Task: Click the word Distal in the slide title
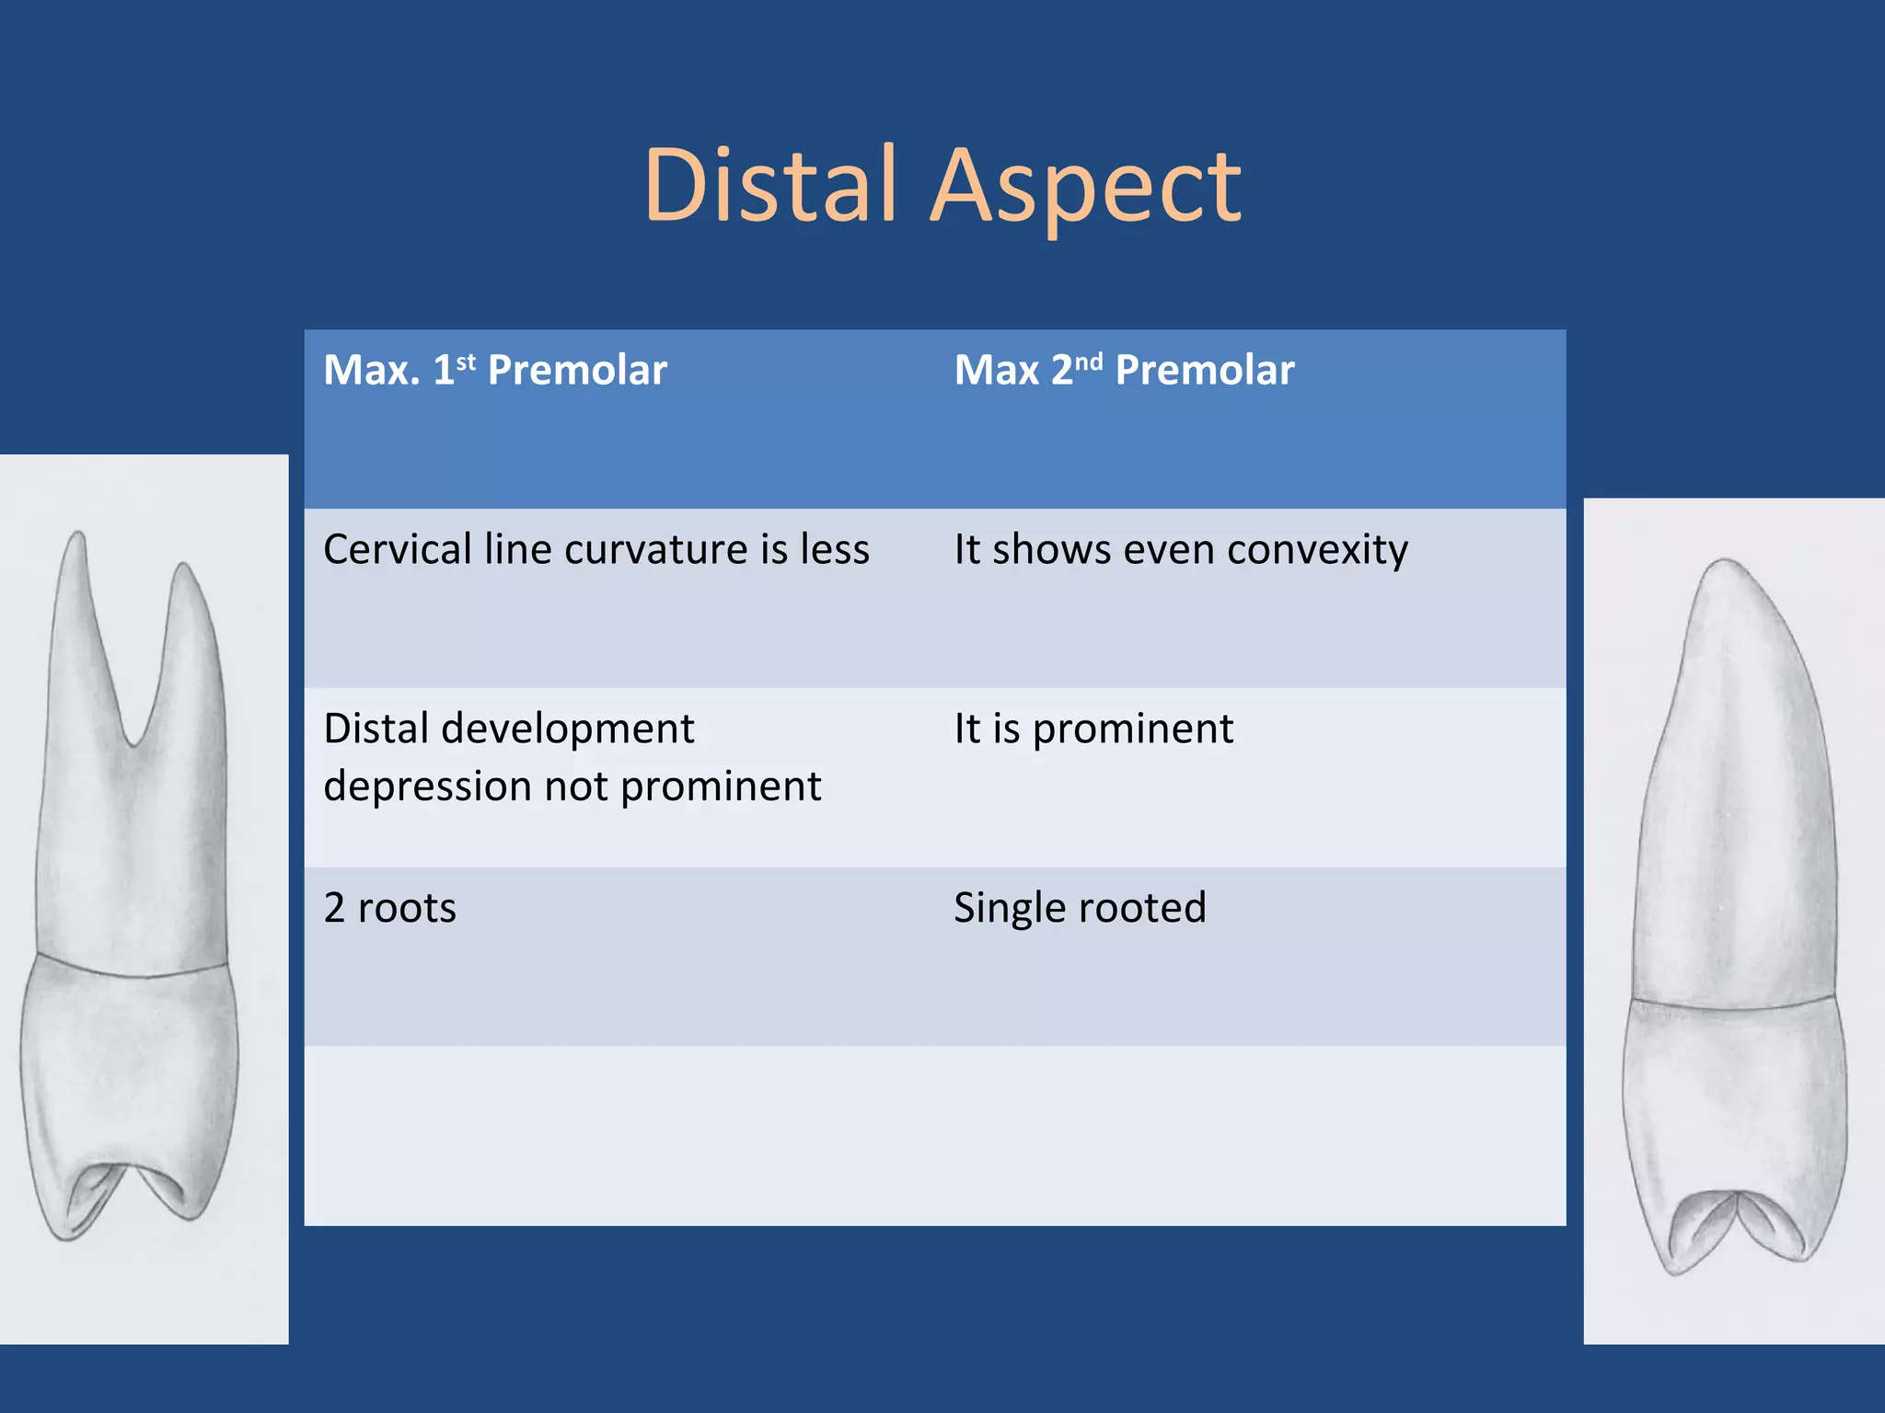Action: (x=769, y=186)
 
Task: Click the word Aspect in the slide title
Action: (x=1086, y=190)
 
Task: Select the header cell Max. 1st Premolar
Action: (x=495, y=371)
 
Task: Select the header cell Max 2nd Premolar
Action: (x=1124, y=371)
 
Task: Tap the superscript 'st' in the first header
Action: (x=466, y=361)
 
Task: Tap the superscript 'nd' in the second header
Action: (x=1088, y=361)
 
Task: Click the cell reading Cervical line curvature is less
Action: (x=596, y=550)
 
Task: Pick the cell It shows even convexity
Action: (x=1181, y=550)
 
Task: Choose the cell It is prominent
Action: (x=1093, y=729)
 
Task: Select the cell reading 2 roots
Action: (x=390, y=909)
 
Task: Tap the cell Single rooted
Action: (x=1080, y=909)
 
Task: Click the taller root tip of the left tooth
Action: (x=77, y=538)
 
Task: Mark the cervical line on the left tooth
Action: (x=129, y=970)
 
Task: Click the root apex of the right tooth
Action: (x=1723, y=563)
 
